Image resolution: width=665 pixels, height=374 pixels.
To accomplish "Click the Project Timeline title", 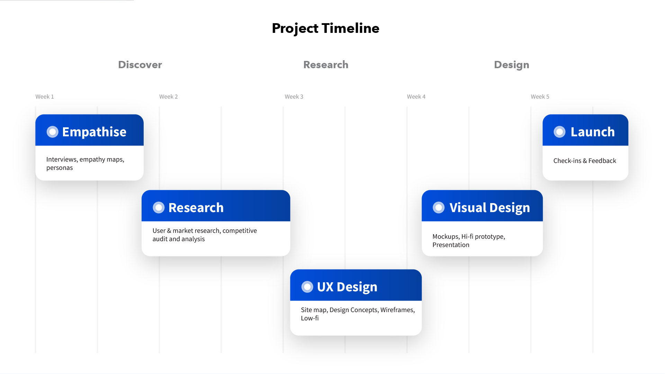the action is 325,28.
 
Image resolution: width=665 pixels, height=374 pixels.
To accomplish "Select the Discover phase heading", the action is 140,65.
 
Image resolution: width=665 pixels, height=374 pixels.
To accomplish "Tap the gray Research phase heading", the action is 326,65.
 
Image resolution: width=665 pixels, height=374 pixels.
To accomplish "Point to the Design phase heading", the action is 512,65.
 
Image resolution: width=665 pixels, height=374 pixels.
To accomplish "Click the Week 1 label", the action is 45,97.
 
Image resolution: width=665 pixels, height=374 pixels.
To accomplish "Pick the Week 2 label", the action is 169,97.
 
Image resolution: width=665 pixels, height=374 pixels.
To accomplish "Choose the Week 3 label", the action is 294,97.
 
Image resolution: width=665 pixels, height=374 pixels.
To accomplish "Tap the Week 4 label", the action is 416,97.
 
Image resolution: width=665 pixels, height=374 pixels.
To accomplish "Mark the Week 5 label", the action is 540,97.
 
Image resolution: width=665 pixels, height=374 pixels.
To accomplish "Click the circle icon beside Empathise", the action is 53,132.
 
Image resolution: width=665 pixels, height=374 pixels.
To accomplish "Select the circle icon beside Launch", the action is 559,132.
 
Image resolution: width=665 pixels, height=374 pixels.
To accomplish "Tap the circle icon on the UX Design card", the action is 307,287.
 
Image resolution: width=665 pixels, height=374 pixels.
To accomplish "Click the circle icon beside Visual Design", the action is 439,208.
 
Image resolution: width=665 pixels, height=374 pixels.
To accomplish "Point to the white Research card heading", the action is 196,208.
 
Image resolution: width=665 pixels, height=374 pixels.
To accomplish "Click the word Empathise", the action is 94,132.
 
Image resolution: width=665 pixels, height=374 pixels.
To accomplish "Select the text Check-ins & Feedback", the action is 585,161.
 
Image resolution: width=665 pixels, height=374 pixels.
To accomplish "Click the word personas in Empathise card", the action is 60,168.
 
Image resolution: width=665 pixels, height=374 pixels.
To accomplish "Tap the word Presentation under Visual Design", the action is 451,245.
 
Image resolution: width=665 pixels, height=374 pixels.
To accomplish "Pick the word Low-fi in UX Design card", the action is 310,318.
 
